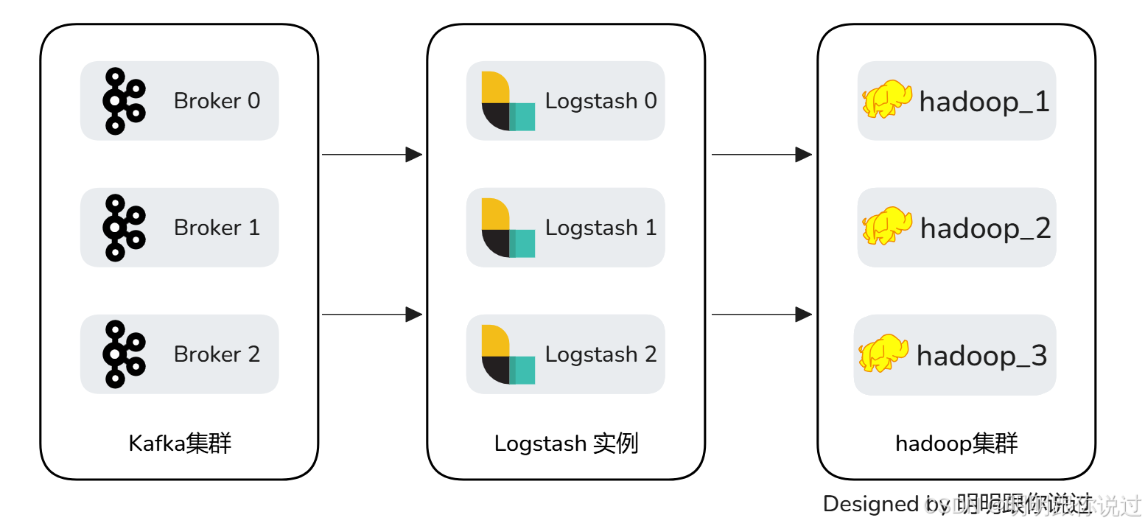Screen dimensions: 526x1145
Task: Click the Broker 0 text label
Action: [217, 101]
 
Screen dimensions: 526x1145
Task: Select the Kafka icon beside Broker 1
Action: [123, 228]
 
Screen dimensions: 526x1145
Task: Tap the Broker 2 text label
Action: [217, 354]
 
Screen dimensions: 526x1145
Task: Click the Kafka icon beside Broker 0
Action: [123, 101]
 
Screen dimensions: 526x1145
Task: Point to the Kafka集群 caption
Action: [180, 443]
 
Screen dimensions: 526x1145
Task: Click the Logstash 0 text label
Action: [600, 101]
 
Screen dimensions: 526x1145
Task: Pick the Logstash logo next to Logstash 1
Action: [507, 228]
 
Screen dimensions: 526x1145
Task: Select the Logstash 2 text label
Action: [600, 354]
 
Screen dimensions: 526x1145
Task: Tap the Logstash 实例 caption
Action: [566, 443]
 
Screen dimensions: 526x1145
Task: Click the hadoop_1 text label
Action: [984, 102]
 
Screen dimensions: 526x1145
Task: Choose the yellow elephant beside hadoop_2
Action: [886, 226]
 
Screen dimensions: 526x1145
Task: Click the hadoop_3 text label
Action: [981, 357]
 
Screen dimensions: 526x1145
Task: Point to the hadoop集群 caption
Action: [956, 443]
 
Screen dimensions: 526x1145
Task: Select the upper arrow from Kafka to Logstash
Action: [372, 155]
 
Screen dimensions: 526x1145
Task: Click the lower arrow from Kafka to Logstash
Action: [372, 315]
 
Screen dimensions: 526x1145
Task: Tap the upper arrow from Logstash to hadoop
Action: [761, 155]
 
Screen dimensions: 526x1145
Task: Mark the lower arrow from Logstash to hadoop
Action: [761, 315]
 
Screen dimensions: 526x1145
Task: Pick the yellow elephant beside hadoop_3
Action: [883, 354]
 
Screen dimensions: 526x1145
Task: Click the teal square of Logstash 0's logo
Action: [522, 117]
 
